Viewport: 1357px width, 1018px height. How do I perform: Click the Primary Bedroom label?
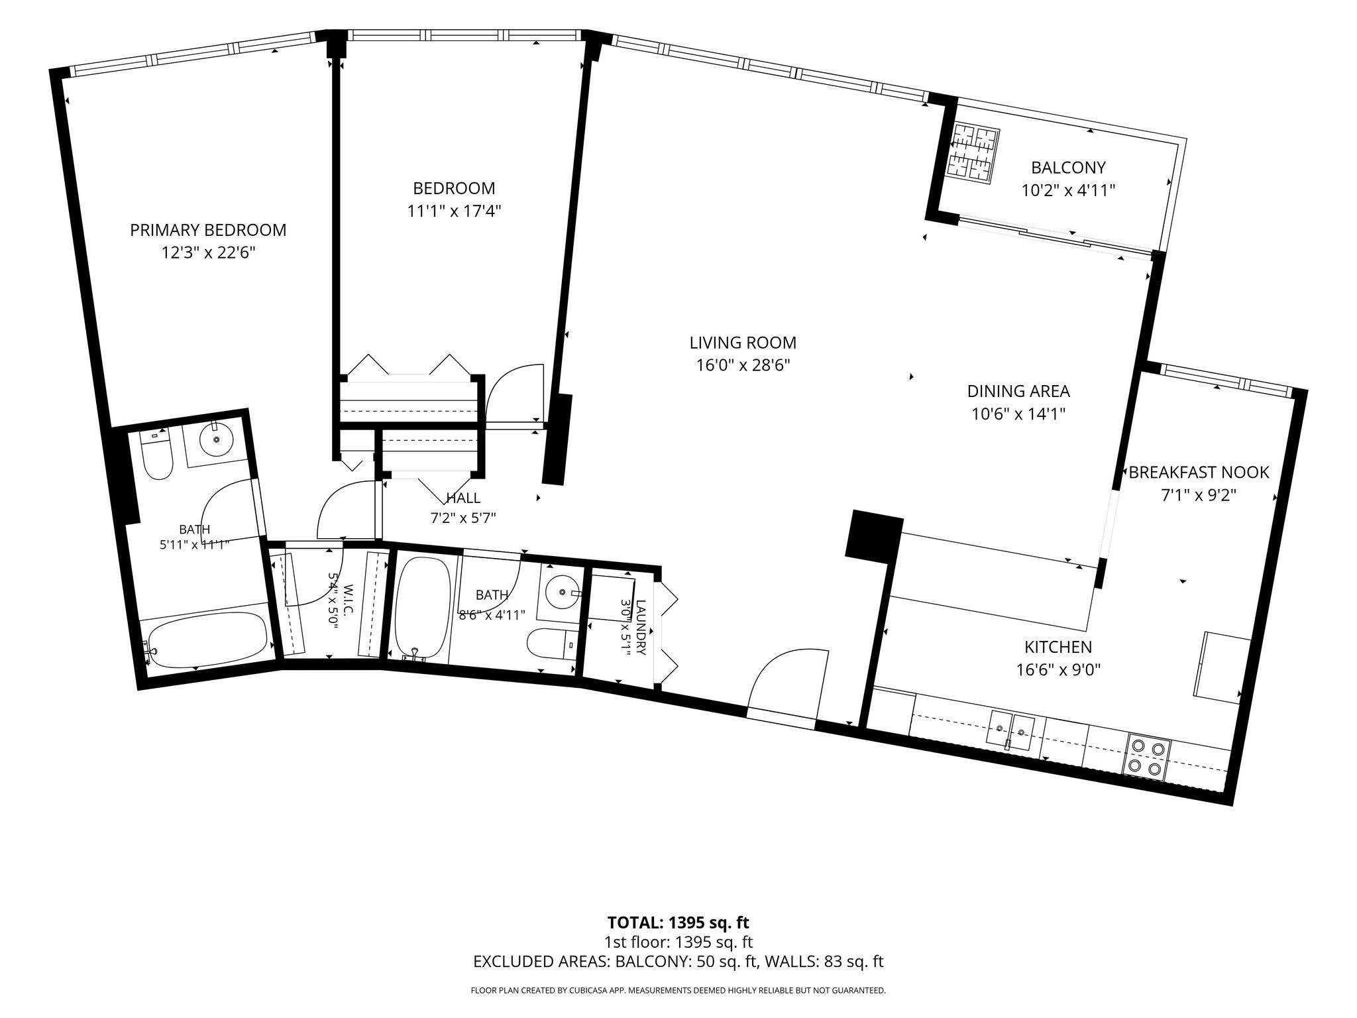208,230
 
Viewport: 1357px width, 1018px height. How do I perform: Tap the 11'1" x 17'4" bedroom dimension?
454,211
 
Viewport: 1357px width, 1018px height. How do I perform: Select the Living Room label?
743,343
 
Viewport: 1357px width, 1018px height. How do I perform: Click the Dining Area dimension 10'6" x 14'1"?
1018,414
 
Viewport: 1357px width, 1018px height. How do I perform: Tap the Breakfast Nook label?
1199,473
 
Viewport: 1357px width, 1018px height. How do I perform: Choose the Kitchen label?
1058,647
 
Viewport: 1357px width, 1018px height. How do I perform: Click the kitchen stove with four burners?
1147,756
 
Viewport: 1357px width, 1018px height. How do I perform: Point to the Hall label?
463,498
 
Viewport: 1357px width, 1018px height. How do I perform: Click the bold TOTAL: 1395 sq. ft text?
678,922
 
